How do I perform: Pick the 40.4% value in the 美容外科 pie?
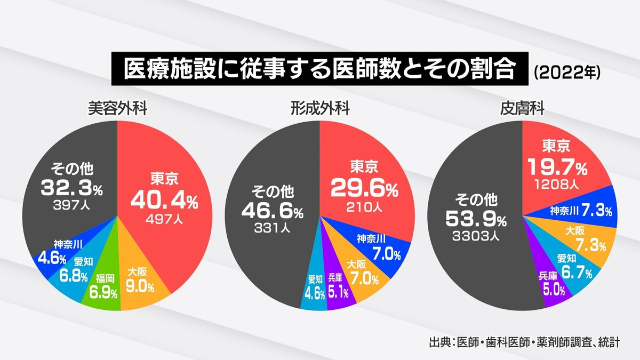pyautogui.click(x=164, y=201)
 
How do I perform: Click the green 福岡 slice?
pyautogui.click(x=102, y=289)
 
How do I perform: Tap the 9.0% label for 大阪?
pyautogui.click(x=140, y=287)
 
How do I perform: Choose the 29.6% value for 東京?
pyautogui.click(x=364, y=187)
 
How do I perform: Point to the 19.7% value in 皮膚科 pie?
pyautogui.click(x=557, y=168)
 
